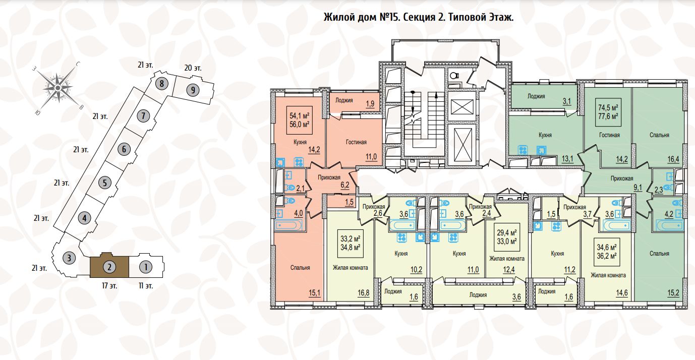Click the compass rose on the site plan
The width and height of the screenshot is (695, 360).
click(x=58, y=88)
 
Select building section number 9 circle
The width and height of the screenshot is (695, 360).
click(x=192, y=90)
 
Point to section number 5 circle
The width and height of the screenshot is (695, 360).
click(x=103, y=183)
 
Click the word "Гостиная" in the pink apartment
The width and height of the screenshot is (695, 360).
click(x=356, y=142)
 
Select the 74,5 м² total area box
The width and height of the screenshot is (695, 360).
click(x=608, y=111)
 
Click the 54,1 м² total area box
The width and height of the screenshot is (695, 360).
click(x=300, y=119)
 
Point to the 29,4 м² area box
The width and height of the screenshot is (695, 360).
click(x=507, y=237)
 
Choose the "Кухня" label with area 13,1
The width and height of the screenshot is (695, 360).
click(x=545, y=135)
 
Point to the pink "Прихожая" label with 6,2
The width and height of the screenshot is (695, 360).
click(x=329, y=177)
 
